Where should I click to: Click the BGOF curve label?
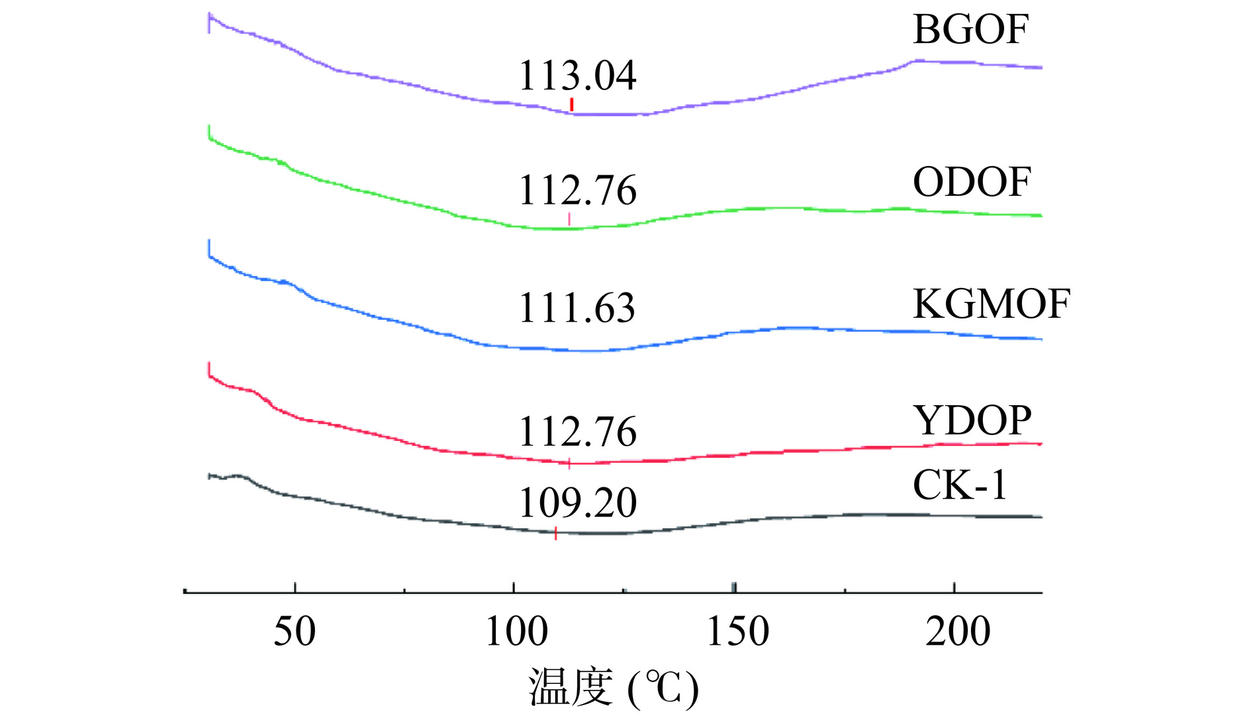pos(970,30)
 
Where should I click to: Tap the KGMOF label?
pos(991,305)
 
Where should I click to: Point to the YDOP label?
pos(972,420)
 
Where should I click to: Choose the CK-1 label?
pos(960,485)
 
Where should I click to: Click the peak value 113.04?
pos(577,75)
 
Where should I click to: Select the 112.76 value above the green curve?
pos(577,191)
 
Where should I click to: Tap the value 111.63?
pos(577,308)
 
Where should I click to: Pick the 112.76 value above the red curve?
pos(577,432)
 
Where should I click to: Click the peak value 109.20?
pos(577,502)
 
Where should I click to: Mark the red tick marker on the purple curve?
pos(571,105)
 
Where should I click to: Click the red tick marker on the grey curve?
pos(555,533)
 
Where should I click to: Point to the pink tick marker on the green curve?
pos(569,219)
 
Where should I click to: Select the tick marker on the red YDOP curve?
pos(569,463)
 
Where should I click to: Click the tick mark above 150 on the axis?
pos(734,588)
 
